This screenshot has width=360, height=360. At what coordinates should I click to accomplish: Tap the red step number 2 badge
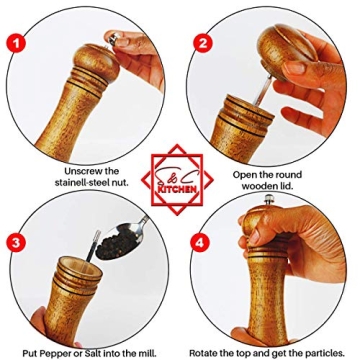point(204,43)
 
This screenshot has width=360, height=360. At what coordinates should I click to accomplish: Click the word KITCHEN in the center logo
point(180,186)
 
